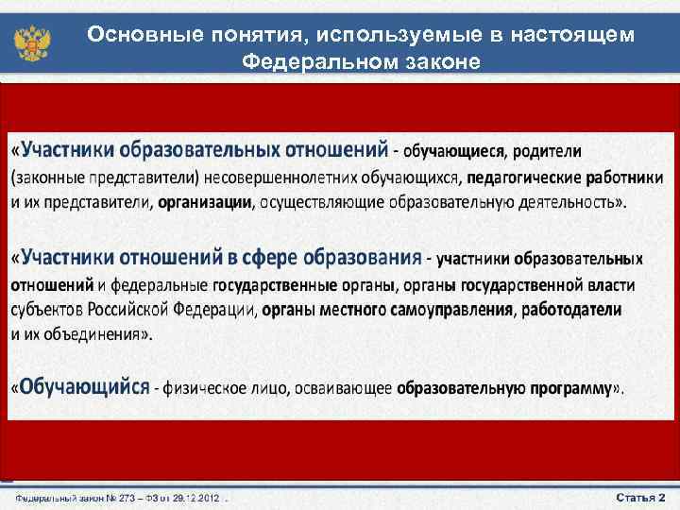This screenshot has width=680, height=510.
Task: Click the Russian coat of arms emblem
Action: tap(31, 42)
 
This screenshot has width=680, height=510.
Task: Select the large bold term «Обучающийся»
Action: tap(86, 386)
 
